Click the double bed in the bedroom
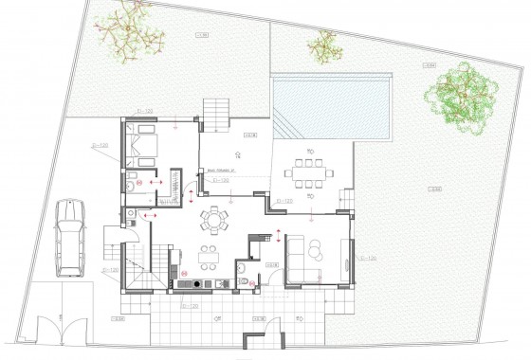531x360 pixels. click(139, 148)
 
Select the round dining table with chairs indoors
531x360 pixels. click(212, 222)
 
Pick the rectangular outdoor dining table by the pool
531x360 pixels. click(309, 173)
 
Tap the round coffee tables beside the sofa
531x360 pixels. click(315, 248)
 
